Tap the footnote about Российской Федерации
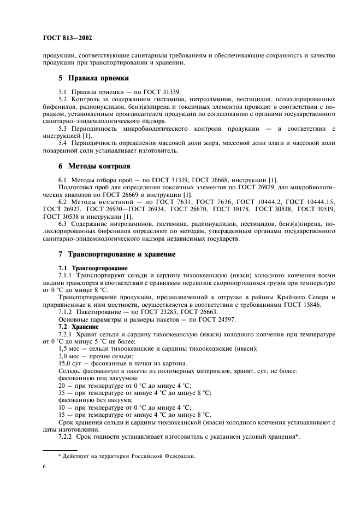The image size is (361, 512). click(x=126, y=456)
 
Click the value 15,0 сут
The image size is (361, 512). click(x=70, y=363)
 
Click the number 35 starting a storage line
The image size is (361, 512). click(x=62, y=393)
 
